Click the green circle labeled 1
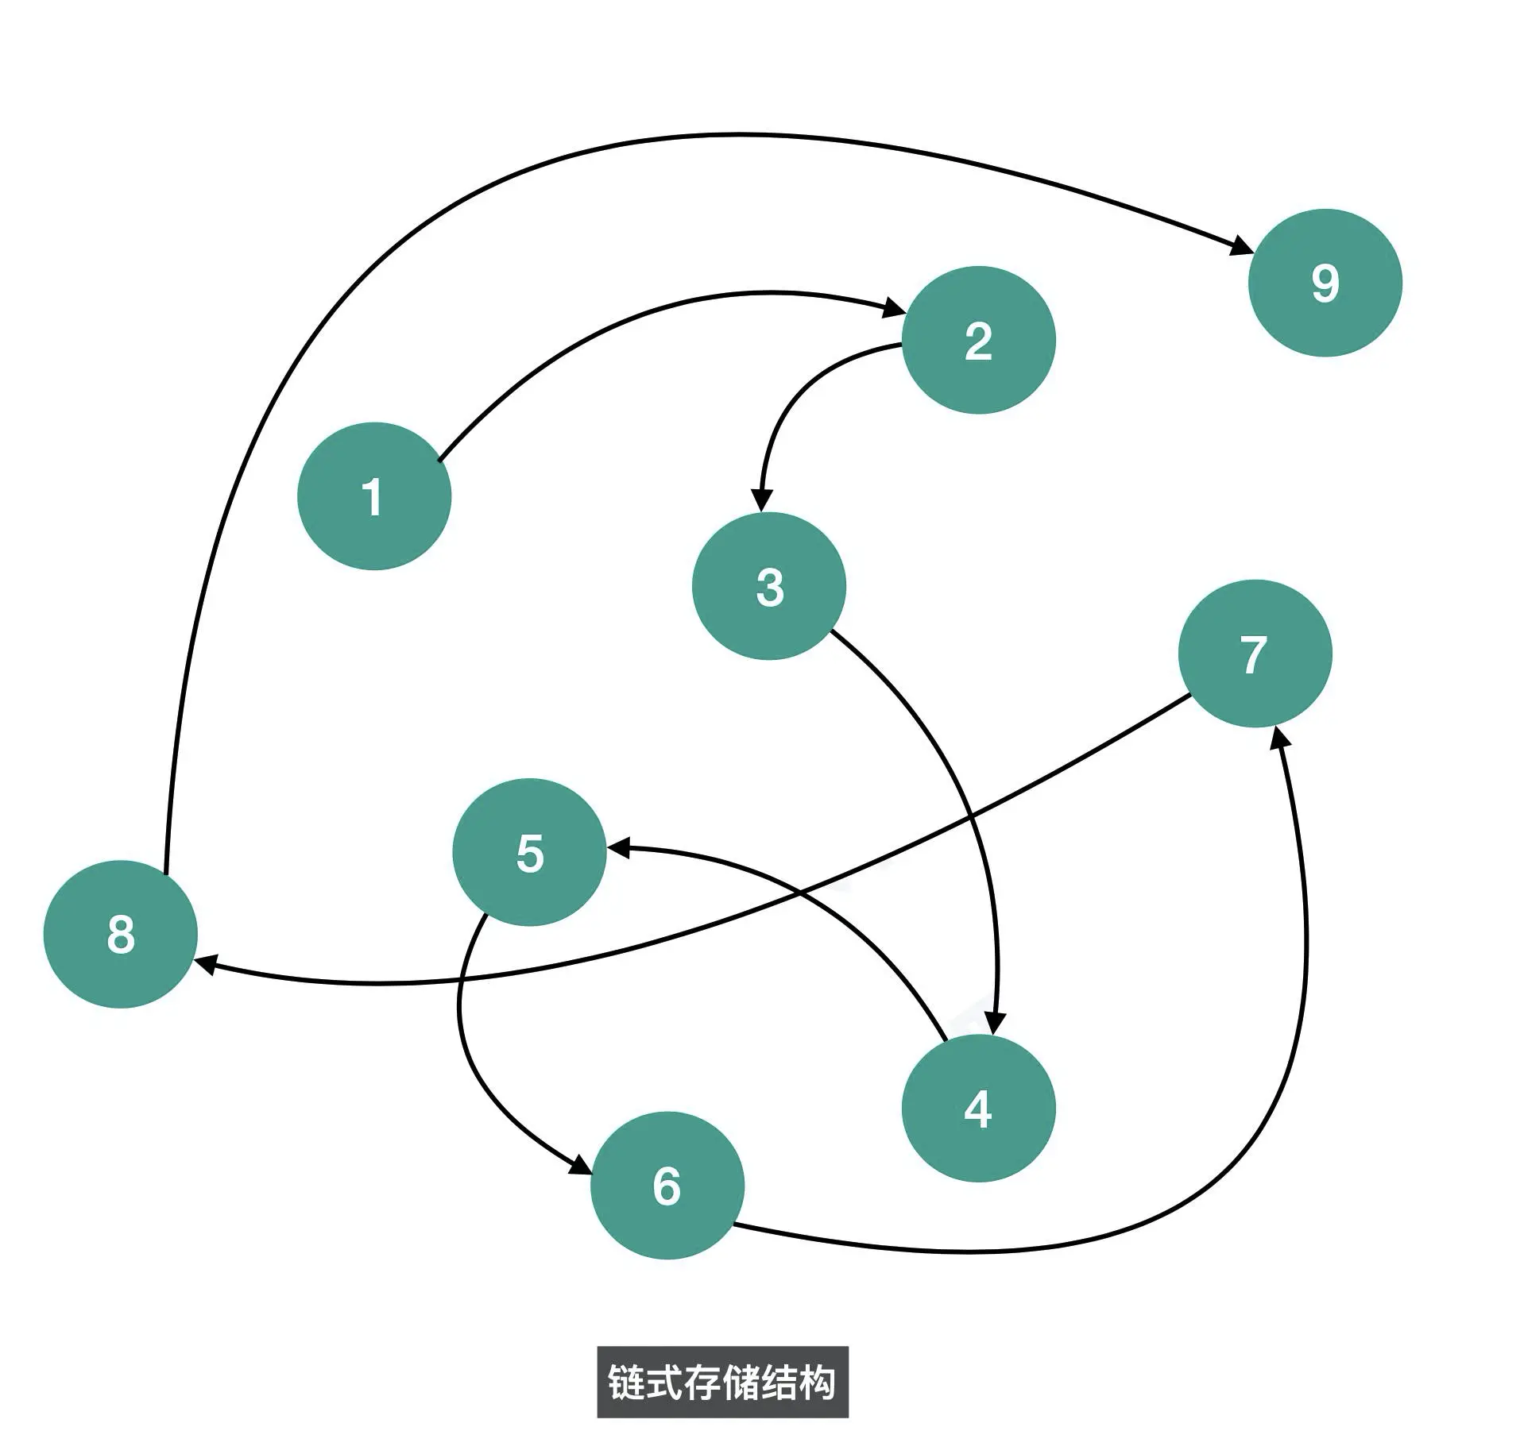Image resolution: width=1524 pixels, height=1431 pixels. click(x=373, y=496)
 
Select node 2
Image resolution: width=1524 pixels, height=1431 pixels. click(x=978, y=340)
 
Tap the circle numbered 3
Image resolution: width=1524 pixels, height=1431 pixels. click(x=768, y=586)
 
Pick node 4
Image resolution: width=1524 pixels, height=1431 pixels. click(x=978, y=1108)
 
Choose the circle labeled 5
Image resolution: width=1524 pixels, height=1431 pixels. click(x=529, y=852)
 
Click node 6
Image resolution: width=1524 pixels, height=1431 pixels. click(x=667, y=1185)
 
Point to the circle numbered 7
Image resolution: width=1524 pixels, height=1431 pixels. click(x=1255, y=653)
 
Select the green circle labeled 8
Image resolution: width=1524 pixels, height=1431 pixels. click(x=120, y=934)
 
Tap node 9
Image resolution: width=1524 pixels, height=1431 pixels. click(x=1325, y=283)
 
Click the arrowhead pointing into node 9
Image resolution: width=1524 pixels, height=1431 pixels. click(x=1240, y=247)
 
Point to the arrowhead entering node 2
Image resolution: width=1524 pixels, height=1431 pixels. click(x=895, y=308)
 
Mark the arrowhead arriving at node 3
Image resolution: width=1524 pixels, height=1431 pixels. click(x=761, y=500)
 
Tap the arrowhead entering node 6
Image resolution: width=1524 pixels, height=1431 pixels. click(x=580, y=1166)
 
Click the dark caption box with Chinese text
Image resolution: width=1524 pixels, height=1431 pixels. click(x=722, y=1383)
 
